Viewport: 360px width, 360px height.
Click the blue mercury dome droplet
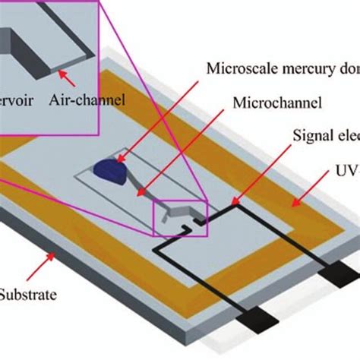tap(114, 170)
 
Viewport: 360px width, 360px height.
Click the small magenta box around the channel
tap(179, 216)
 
